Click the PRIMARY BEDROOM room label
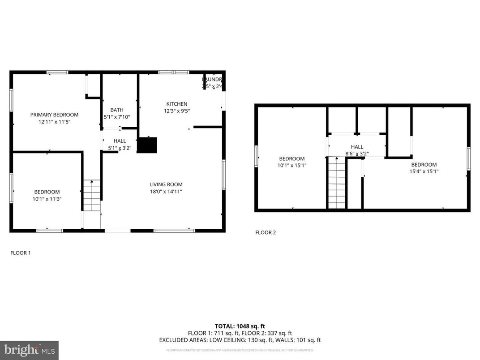(54, 115)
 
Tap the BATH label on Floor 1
(117, 110)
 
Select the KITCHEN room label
(176, 104)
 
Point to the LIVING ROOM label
(166, 184)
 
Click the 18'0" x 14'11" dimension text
(166, 191)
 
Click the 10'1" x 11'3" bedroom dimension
(47, 199)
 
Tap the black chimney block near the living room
(147, 145)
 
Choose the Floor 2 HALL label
(357, 147)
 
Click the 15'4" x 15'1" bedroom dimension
(424, 171)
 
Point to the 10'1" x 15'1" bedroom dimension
(292, 165)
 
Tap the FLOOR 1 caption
(21, 253)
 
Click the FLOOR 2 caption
(266, 232)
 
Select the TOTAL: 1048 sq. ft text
(240, 326)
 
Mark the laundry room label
(212, 79)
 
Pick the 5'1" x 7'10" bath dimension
(117, 117)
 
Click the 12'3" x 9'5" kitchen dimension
(176, 111)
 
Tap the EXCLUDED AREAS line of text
(240, 340)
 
